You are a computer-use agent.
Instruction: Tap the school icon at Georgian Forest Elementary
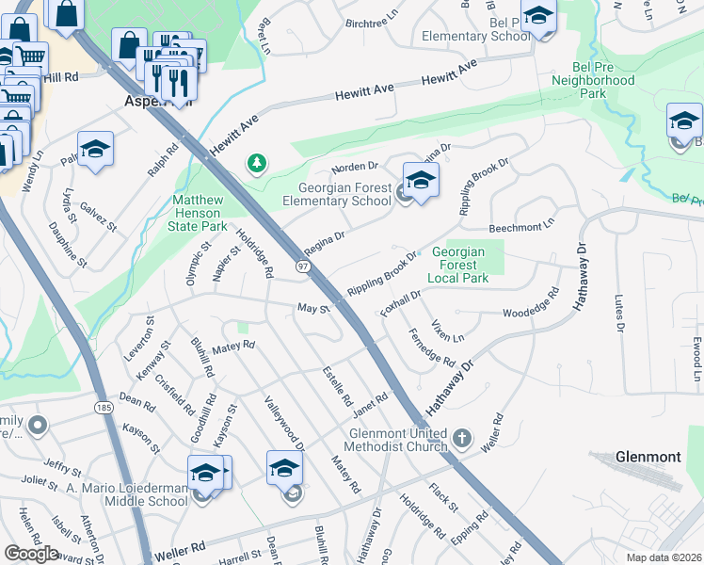point(421,179)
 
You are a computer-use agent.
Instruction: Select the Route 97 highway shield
point(303,268)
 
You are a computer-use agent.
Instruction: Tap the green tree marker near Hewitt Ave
point(256,165)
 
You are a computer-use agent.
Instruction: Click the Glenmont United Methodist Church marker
point(461,438)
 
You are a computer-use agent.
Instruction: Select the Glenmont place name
point(648,457)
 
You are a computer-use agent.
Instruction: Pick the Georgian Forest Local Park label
point(458,266)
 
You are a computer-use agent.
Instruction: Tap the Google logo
point(31,554)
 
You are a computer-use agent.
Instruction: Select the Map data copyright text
point(664,557)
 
